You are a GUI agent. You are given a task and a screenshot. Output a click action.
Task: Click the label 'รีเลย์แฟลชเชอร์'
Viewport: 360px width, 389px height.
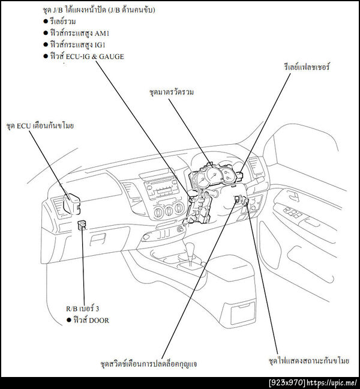point(307,67)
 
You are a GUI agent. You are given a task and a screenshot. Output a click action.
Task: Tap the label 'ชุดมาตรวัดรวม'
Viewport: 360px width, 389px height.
point(172,92)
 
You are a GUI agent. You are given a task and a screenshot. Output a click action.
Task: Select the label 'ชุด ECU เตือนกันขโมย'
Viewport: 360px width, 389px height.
point(40,126)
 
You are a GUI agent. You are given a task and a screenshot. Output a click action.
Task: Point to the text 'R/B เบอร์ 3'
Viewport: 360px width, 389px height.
point(83,309)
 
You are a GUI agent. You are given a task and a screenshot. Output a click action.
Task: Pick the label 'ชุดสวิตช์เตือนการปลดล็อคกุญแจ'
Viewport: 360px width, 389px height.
point(149,364)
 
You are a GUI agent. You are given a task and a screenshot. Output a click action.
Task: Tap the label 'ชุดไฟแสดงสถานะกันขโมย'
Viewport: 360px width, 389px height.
point(309,360)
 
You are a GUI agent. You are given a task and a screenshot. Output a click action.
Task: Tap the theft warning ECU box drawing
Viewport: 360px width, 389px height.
point(71,204)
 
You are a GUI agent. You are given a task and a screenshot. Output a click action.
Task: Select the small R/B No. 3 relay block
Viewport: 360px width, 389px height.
point(82,225)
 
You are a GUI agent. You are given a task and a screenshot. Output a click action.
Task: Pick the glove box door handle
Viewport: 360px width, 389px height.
point(98,240)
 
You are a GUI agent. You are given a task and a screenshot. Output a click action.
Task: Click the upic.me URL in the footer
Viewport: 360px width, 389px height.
point(332,383)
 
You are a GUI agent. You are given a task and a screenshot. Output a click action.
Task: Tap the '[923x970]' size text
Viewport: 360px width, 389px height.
point(287,383)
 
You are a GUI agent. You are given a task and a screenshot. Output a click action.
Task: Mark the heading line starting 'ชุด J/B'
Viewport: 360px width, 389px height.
point(99,10)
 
